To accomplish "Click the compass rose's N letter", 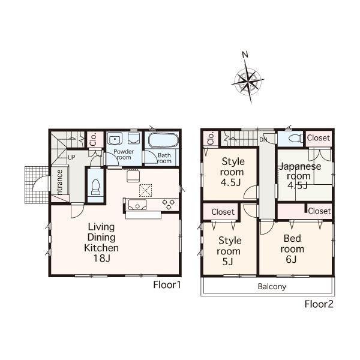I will click(245, 55).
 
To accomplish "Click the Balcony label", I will click(272, 286).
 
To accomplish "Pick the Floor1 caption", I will click(167, 285).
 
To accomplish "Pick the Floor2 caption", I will click(319, 304).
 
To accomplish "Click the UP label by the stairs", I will click(71, 157).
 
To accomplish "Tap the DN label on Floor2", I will click(263, 140).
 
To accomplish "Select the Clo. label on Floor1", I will click(94, 140).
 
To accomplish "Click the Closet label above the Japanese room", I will click(318, 138).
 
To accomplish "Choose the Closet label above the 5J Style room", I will click(222, 212).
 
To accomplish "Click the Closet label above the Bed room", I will click(319, 211).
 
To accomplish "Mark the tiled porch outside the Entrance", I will click(35, 183).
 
